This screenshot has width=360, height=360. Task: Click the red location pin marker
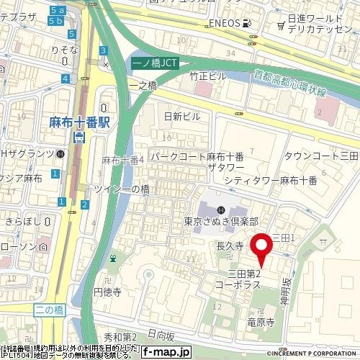coord(262,250)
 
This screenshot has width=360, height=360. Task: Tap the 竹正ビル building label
coord(208,76)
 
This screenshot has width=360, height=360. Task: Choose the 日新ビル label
coord(182,116)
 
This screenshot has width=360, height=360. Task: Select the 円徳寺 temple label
coord(110,293)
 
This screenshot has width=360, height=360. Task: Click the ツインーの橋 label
coord(122,189)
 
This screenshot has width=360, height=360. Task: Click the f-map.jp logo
coord(166,353)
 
